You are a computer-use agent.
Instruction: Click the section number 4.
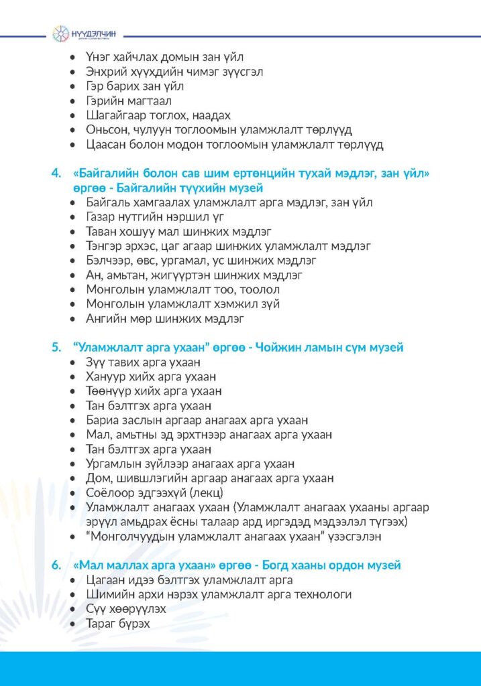[56, 174]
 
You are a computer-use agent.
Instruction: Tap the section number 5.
[56, 348]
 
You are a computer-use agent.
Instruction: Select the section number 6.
[56, 565]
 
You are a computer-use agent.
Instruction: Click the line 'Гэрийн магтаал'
[129, 100]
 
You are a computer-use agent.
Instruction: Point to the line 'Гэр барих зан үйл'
[135, 86]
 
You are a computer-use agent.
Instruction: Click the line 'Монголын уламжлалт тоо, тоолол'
[183, 289]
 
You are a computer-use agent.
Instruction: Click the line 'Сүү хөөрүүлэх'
[126, 609]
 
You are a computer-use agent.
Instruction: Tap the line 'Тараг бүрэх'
[118, 624]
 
